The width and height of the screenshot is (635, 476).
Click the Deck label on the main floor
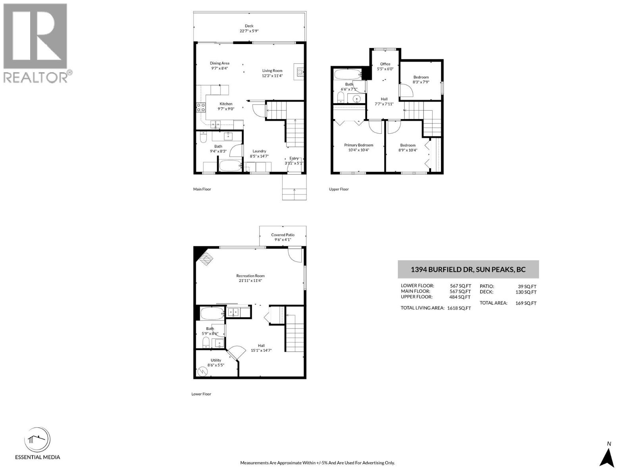point(249,26)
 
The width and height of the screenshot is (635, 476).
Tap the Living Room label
point(272,71)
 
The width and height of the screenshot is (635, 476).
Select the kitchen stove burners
point(201,107)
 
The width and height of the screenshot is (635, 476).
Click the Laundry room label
point(259,151)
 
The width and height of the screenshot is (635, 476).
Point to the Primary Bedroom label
point(358,145)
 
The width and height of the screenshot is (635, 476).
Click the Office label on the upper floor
point(385,64)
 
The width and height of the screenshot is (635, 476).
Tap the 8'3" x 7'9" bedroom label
point(421,77)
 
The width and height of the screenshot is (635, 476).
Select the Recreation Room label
point(250,276)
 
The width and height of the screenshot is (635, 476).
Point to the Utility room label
point(216,360)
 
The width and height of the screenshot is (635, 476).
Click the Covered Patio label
point(283,235)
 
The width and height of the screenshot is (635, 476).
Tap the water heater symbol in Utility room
point(202,371)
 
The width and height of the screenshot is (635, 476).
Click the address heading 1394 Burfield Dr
point(468,270)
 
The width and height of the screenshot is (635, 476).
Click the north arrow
point(607,460)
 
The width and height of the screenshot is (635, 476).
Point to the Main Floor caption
point(202,189)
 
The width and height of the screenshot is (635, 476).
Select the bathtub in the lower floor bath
point(212,314)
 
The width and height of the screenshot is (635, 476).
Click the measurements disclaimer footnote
point(317,463)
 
